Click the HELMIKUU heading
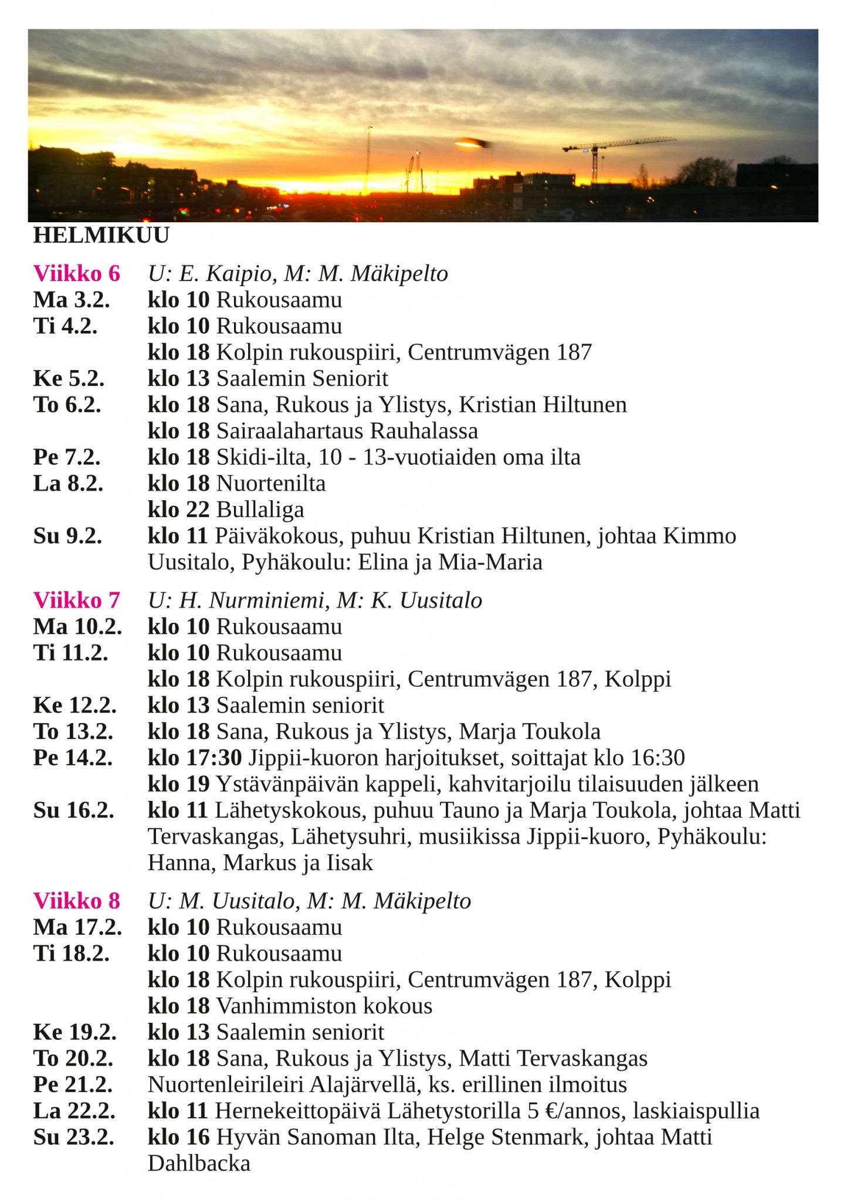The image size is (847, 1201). (x=101, y=235)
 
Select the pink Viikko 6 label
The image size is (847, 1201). (x=76, y=273)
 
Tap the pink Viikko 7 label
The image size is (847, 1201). (x=76, y=600)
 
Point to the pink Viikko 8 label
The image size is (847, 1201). (x=76, y=901)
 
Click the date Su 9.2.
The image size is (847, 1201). (x=67, y=536)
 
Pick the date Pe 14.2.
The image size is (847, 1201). (x=73, y=758)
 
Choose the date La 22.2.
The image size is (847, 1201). (x=74, y=1111)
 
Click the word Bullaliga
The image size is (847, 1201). (x=260, y=510)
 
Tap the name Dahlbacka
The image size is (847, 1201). (x=199, y=1163)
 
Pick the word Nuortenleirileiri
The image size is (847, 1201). (x=226, y=1085)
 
